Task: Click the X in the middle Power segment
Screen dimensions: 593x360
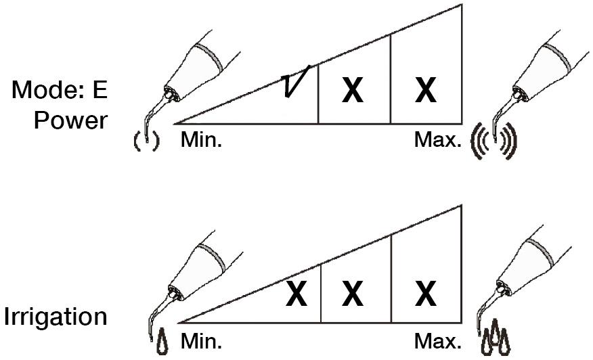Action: [353, 90]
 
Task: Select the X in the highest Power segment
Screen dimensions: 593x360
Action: [426, 90]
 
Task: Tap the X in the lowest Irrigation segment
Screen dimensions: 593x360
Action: [296, 293]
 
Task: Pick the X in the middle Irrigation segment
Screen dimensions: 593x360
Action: [353, 293]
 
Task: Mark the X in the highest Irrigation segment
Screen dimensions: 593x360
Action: [426, 293]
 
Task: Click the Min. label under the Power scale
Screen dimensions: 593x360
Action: [201, 140]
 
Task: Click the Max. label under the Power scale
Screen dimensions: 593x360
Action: [438, 140]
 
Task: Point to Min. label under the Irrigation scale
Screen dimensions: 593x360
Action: [201, 342]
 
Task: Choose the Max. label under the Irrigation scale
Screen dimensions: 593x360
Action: [438, 342]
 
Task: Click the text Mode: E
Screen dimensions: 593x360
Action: [60, 90]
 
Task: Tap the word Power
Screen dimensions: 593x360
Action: [70, 120]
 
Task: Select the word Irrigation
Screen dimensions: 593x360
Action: [56, 317]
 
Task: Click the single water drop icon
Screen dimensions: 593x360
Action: [162, 342]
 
